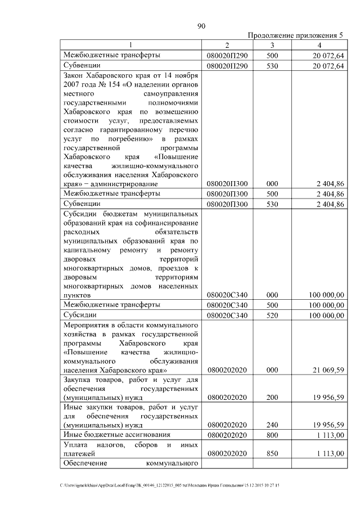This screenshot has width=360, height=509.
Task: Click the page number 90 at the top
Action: pos(202,25)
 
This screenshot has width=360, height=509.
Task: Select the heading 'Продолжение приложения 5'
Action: pos(295,35)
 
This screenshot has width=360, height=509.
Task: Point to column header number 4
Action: pos(319,45)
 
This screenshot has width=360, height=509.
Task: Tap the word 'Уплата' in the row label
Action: pos(76,444)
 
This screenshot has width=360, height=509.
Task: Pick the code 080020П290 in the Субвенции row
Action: pos(231,66)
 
